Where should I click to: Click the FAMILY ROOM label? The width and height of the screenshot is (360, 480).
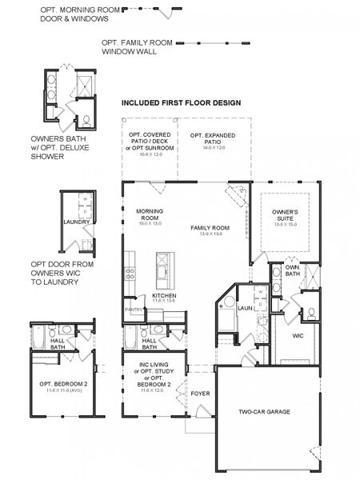pos(210,228)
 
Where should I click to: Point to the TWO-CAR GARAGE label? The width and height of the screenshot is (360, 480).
pos(264,412)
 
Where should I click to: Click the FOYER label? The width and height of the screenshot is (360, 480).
pos(199,393)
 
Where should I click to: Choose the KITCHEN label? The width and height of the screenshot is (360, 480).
pos(163,295)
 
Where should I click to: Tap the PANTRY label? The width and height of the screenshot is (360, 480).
pos(133,309)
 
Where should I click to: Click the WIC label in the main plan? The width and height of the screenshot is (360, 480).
pos(298,336)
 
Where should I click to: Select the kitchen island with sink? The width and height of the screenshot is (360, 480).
pos(162,269)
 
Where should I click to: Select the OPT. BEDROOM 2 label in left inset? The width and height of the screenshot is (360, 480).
pos(62,384)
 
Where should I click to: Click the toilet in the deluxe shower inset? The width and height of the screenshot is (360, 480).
pos(87,122)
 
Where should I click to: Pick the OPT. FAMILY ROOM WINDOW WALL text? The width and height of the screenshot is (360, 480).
pos(135,47)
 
